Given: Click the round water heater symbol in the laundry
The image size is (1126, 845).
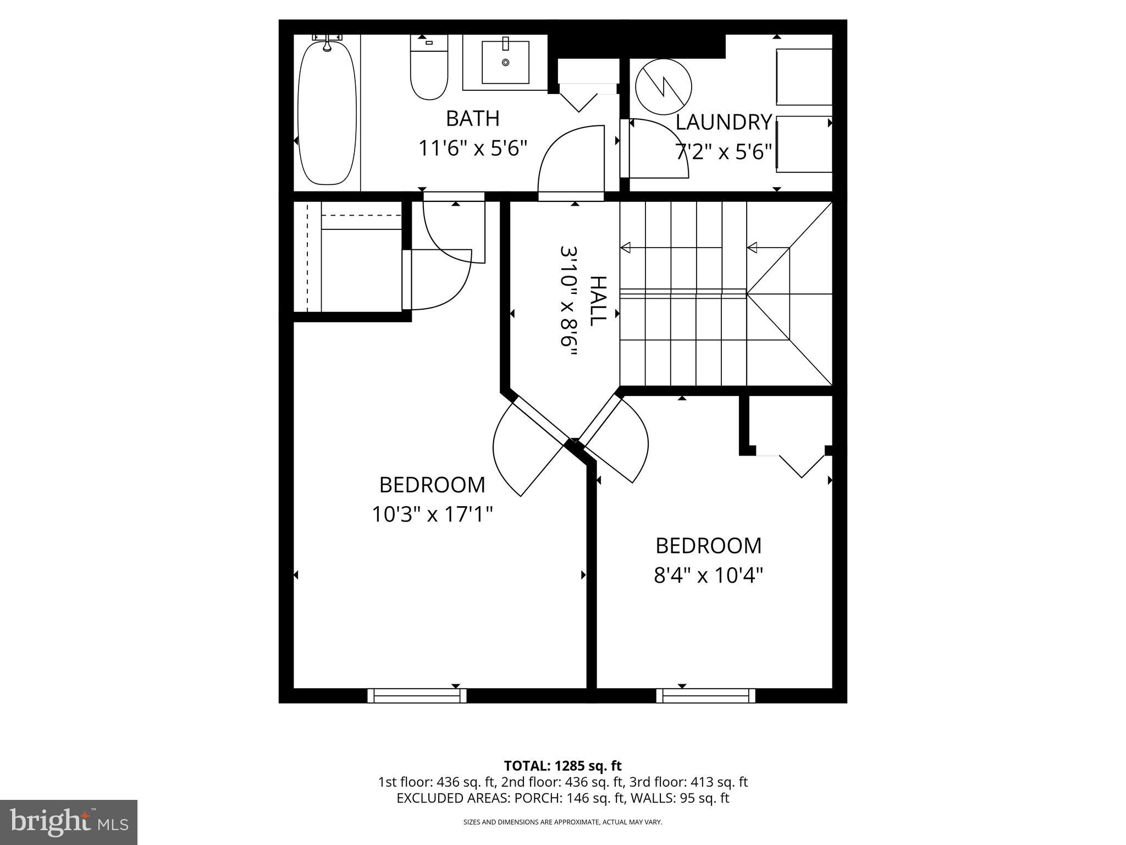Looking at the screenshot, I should (663, 87).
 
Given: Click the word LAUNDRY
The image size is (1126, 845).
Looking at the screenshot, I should (724, 122).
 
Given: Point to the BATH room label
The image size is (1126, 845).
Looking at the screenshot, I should (472, 118).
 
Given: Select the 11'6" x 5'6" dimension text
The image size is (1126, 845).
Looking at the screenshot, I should (473, 149).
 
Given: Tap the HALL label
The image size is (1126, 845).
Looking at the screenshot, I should (598, 301).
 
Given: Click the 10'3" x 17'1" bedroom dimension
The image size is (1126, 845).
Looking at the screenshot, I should (432, 515).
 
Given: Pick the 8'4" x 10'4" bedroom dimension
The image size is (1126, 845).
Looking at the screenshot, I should (708, 576).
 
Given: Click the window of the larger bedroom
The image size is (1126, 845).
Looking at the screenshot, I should (417, 696).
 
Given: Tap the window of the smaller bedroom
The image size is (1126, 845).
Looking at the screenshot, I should (705, 696).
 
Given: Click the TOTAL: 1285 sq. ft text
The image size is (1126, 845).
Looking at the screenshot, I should (562, 766).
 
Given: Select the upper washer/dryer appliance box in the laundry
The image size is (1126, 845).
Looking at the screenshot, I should (804, 76).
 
